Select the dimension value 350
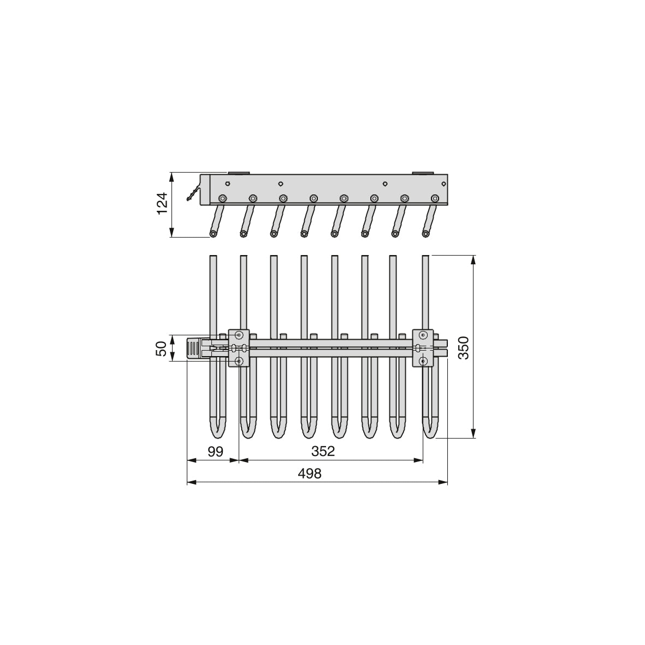coord(463,347)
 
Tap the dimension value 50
coord(162,348)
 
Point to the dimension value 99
coord(215,451)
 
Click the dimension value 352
coord(323,451)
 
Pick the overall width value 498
coord(310,474)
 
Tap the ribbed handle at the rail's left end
coord(194,348)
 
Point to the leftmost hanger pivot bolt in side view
coord(222,198)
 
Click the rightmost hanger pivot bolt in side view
coord(435,198)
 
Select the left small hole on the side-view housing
coord(281,184)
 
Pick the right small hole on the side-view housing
coord(385,184)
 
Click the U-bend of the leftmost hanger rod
coord(217,431)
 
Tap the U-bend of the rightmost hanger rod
coord(430,431)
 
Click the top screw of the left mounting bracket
coord(239,335)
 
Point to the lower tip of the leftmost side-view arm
coord(213,234)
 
